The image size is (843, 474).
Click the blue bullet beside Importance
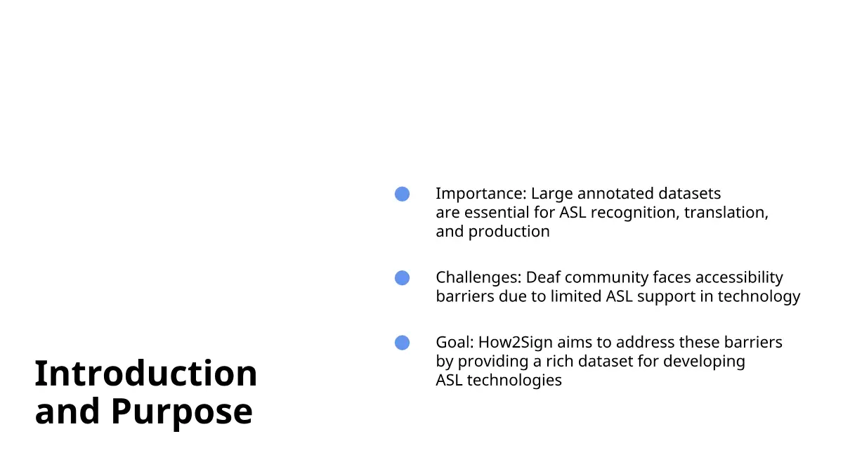(x=402, y=194)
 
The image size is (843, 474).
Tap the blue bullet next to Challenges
(x=402, y=278)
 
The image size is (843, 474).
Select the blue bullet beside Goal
(x=402, y=343)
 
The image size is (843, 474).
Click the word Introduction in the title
(x=146, y=373)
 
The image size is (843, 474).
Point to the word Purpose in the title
(x=182, y=412)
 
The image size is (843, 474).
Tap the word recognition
(x=635, y=213)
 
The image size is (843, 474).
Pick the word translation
(x=726, y=213)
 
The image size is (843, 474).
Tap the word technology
(x=759, y=297)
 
